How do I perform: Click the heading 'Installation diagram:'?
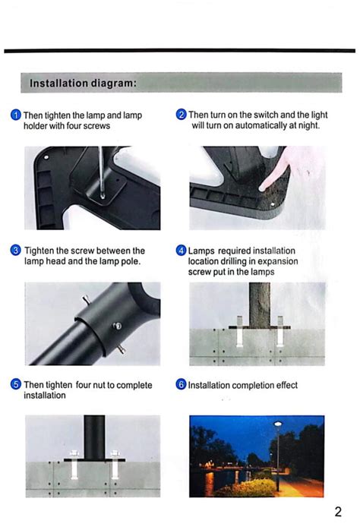(83, 82)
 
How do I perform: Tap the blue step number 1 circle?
(15, 115)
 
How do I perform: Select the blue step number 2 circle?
(181, 115)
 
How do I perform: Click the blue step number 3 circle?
(15, 251)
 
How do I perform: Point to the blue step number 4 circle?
(181, 251)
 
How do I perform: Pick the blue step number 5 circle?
(15, 385)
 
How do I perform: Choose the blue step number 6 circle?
(181, 385)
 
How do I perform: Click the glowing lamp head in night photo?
(277, 425)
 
